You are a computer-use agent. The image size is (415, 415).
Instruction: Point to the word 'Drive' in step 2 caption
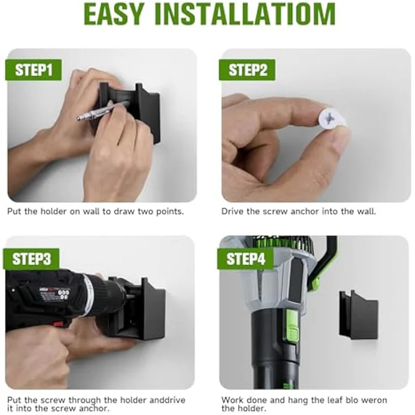coord(232,212)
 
